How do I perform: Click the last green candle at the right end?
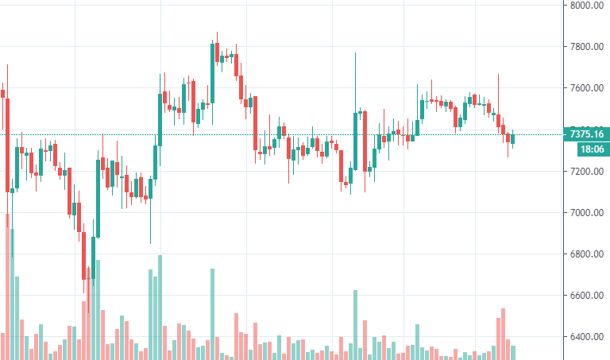513,139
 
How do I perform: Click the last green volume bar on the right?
513,352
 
